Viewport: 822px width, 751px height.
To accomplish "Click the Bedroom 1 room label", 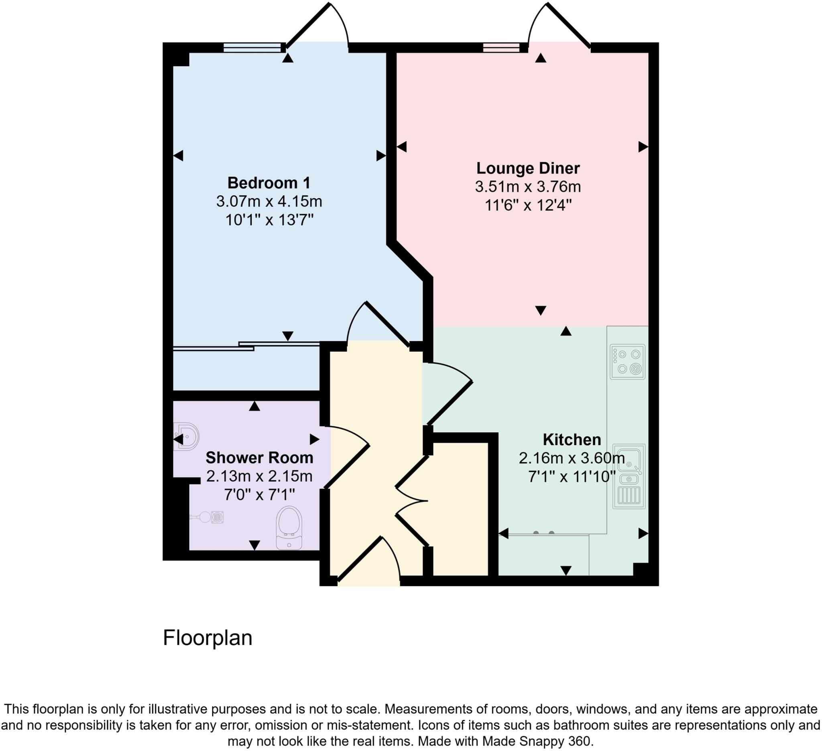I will (x=269, y=183).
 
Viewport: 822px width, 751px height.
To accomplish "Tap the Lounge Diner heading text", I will (x=528, y=168).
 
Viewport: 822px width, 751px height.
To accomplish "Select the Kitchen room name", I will (x=572, y=440).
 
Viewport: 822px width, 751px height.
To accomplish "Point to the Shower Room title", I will (x=259, y=458).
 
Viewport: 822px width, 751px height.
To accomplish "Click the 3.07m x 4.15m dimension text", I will (x=269, y=201).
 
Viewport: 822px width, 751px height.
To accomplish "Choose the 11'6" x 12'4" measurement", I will (x=528, y=205).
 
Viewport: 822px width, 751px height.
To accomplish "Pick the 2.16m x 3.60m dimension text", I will (x=572, y=458).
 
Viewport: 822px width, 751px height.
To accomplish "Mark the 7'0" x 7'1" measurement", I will (x=259, y=495).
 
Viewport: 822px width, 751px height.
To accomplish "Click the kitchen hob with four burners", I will (x=627, y=362).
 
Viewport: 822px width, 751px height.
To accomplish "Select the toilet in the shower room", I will (x=289, y=527).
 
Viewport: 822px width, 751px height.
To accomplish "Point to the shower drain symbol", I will (x=217, y=517).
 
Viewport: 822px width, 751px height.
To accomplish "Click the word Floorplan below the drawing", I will (x=208, y=638).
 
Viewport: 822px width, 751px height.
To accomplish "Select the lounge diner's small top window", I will (x=502, y=48).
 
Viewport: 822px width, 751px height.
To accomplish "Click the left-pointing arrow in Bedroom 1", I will (x=178, y=155).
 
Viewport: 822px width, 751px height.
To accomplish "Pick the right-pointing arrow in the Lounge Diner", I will (x=643, y=147).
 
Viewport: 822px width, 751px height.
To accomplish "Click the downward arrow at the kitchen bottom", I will (x=566, y=570).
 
